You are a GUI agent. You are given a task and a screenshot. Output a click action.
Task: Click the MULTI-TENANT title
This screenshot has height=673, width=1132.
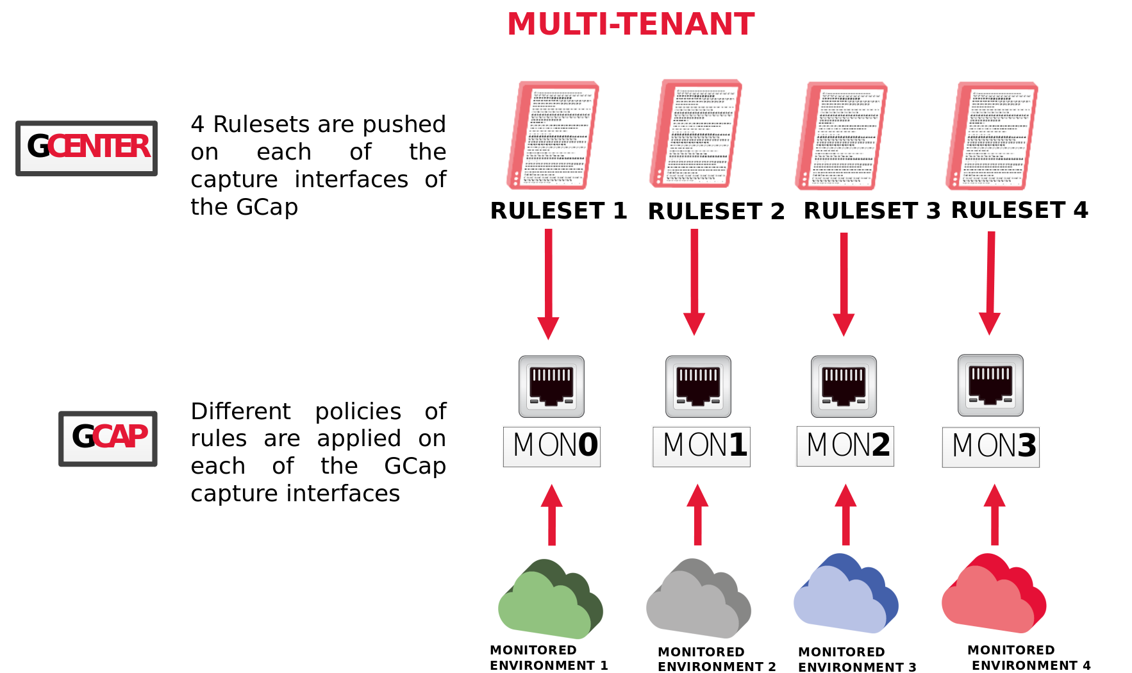pos(631,24)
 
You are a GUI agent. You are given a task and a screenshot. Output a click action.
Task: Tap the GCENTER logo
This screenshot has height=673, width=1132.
pos(87,148)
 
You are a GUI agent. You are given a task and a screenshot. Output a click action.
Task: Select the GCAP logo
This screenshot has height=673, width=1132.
pos(108,438)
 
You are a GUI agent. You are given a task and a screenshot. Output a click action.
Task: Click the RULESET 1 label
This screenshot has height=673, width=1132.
pos(558,211)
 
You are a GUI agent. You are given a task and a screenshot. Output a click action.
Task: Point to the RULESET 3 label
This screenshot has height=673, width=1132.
pos(872,211)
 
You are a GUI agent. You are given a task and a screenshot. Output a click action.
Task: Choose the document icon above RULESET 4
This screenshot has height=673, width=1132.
pos(992,135)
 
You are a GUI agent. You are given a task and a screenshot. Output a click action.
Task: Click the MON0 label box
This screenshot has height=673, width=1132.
pos(552,446)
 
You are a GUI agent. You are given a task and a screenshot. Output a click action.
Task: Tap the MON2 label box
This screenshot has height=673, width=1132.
pos(845,446)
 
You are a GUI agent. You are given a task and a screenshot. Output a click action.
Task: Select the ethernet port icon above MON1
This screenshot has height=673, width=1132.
pos(698,386)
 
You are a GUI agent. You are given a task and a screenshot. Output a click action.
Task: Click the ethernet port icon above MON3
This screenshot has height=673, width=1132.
pos(990,385)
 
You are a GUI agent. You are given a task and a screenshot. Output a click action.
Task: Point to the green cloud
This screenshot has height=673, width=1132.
pos(550,601)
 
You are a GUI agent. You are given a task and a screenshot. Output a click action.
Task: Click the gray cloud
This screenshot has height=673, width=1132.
pos(698,601)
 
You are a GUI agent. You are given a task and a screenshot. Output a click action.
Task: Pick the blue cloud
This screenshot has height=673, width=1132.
pos(845,595)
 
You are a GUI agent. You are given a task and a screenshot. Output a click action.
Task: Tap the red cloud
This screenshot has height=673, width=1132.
pos(994,595)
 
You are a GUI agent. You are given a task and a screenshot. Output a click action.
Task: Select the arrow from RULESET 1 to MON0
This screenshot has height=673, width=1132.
pos(548,282)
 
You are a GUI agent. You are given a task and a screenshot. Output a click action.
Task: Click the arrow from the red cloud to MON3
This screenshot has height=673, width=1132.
pos(994,516)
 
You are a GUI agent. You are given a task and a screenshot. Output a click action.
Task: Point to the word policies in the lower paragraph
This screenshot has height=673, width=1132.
pos(358,411)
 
